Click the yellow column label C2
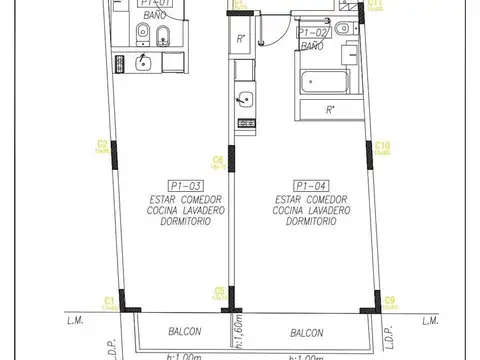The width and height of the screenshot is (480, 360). point(102,145)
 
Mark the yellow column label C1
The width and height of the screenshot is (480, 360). point(108,299)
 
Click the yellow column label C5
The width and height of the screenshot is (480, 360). point(219,291)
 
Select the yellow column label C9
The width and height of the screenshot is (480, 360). point(391,299)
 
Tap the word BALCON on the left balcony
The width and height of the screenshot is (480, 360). point(185,332)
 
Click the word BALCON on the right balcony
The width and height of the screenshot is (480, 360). point(307,332)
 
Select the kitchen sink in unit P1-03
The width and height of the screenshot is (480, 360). point(142,64)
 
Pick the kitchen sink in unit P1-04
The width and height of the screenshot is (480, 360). point(242,99)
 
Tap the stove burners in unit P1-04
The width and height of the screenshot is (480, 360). point(242,122)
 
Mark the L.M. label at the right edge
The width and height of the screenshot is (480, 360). point(431,321)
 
